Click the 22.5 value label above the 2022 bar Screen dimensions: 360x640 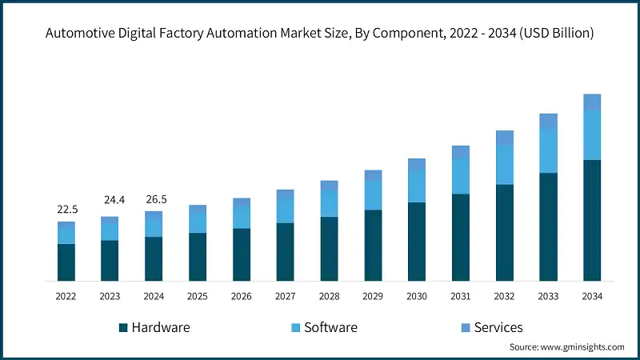click(x=66, y=210)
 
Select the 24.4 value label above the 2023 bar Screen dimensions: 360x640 click(x=110, y=199)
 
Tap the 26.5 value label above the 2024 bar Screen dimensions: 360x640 click(x=154, y=199)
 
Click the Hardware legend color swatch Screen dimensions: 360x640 click(x=123, y=327)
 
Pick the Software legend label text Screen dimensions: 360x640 click(x=331, y=327)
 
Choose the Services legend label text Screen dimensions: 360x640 click(x=498, y=327)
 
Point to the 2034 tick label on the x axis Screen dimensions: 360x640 click(x=591, y=296)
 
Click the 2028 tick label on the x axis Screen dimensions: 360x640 click(x=329, y=296)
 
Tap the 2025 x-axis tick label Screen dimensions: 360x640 click(x=198, y=296)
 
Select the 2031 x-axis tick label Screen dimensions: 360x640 click(x=460, y=296)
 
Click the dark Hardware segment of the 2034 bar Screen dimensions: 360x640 click(x=591, y=220)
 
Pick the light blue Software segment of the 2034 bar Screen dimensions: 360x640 click(x=591, y=135)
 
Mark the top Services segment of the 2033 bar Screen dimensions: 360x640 click(x=548, y=121)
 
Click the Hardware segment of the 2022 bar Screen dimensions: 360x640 click(x=66, y=262)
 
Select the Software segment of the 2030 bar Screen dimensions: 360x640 click(x=416, y=186)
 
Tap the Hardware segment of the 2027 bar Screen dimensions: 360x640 click(x=285, y=252)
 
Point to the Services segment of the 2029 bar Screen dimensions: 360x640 click(x=373, y=175)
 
